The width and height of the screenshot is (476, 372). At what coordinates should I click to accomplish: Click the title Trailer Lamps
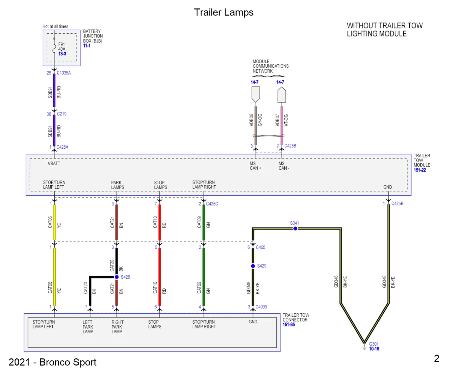point(223,12)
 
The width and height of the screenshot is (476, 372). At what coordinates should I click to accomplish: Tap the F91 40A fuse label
point(62,47)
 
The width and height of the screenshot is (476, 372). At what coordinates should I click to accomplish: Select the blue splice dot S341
point(295,228)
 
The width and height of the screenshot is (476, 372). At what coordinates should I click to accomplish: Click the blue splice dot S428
point(116,277)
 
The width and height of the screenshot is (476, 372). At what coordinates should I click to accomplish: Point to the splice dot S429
point(253,266)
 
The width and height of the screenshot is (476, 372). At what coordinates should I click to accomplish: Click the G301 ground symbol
point(364,347)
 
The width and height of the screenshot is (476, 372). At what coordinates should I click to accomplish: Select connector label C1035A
point(64,73)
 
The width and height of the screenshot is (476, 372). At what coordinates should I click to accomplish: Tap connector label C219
point(62,114)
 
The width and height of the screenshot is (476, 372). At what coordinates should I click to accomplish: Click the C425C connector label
point(212,204)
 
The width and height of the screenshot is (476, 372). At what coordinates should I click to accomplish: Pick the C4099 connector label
point(261,307)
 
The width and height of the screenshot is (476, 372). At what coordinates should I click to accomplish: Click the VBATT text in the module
point(54,163)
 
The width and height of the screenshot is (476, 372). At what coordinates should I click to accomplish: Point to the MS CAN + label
point(255,166)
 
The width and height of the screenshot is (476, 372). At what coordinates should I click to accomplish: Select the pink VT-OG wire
point(282,125)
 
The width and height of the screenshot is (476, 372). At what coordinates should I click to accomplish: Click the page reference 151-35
point(289,324)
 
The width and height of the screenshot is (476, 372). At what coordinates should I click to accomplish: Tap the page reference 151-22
point(420,170)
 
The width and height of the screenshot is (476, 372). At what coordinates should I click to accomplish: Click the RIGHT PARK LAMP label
point(117,327)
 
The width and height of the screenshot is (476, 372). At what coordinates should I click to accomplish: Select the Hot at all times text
point(55,26)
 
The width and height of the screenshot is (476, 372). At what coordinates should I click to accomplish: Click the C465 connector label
point(260,247)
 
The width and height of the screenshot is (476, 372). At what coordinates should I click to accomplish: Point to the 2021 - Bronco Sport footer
point(52,362)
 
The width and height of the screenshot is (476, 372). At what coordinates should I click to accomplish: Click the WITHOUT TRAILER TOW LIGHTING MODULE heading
point(384,30)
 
